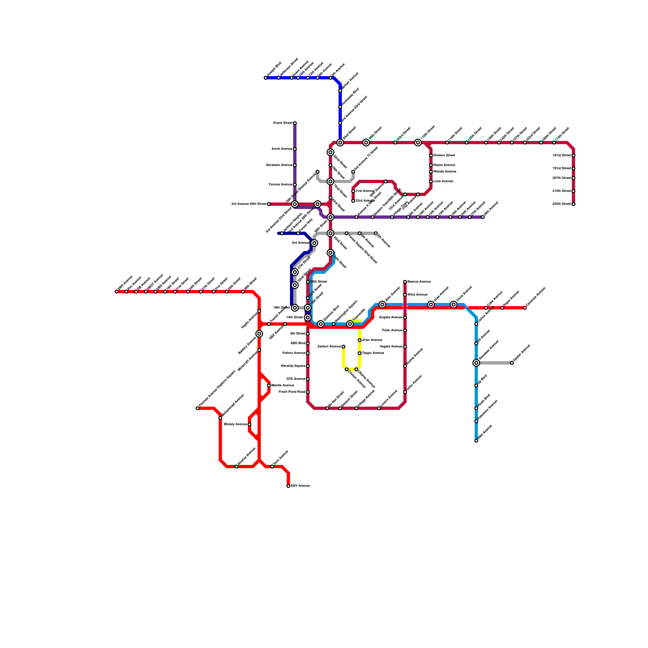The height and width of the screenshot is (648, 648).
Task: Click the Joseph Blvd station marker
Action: (x=266, y=78)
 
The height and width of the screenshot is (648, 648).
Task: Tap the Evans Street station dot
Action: (x=295, y=123)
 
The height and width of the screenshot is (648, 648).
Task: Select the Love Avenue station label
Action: (x=443, y=181)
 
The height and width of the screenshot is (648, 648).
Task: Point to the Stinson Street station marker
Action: (x=431, y=156)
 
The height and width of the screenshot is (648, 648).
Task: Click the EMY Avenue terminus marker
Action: (x=288, y=486)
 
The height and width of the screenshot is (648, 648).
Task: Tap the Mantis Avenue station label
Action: (x=283, y=386)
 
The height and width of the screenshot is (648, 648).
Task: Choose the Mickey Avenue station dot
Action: (x=249, y=424)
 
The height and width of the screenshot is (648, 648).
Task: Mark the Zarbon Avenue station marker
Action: (x=343, y=347)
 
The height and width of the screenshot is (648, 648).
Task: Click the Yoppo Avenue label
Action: (x=373, y=353)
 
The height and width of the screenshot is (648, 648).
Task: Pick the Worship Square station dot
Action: (x=308, y=366)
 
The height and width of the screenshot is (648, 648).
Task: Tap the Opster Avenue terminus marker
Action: (x=512, y=363)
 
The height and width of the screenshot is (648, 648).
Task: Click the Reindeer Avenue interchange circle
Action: (x=476, y=363)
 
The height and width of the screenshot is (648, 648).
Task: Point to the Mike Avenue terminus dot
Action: (x=476, y=441)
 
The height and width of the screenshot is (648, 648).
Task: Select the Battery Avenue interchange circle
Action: (x=259, y=334)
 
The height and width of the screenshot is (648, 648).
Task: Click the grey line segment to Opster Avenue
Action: (x=494, y=363)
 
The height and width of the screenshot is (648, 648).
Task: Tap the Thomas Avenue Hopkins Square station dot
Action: (x=198, y=408)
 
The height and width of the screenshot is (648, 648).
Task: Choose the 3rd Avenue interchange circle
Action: (x=314, y=243)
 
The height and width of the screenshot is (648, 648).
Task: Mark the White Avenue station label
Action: (x=417, y=295)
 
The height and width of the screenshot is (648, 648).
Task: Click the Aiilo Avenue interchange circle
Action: (x=382, y=305)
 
